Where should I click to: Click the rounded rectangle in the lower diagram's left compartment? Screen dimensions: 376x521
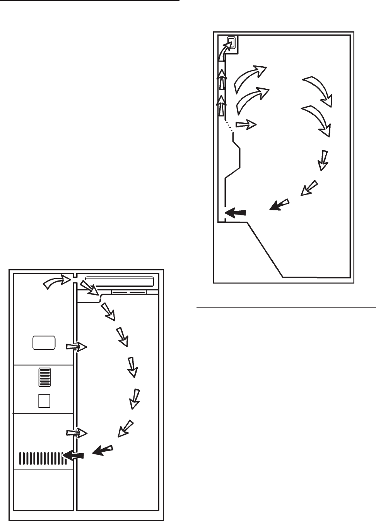(44, 342)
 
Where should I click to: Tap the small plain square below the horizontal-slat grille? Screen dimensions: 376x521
(44, 401)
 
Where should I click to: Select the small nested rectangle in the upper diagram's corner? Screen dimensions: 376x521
(231, 41)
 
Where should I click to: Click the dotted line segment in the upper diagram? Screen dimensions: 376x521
(229, 126)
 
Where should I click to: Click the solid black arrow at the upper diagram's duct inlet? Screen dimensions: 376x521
(235, 212)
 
